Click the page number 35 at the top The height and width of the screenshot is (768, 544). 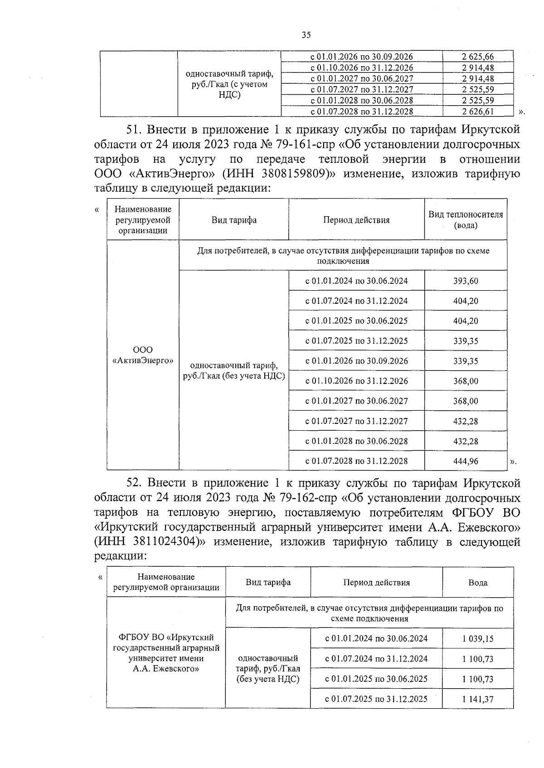pyautogui.click(x=306, y=35)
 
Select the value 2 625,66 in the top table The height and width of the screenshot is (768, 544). pyautogui.click(x=478, y=57)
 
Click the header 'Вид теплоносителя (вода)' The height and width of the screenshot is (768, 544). pyautogui.click(x=466, y=219)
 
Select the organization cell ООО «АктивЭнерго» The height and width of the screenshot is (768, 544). pyautogui.click(x=143, y=355)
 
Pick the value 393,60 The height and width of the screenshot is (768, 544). pyautogui.click(x=466, y=281)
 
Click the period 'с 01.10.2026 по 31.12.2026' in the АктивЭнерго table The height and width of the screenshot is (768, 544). pyautogui.click(x=356, y=381)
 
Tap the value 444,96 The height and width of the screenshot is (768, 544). pyautogui.click(x=466, y=461)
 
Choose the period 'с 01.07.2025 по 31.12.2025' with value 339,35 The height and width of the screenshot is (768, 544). pyautogui.click(x=356, y=341)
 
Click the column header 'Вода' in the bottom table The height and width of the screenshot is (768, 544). pyautogui.click(x=478, y=583)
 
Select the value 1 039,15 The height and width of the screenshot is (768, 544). pyautogui.click(x=478, y=639)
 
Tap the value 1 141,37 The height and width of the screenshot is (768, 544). pyautogui.click(x=478, y=699)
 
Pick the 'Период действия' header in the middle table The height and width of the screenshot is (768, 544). pyautogui.click(x=356, y=220)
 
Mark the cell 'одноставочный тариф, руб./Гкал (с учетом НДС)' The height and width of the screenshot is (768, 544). pyautogui.click(x=229, y=84)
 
